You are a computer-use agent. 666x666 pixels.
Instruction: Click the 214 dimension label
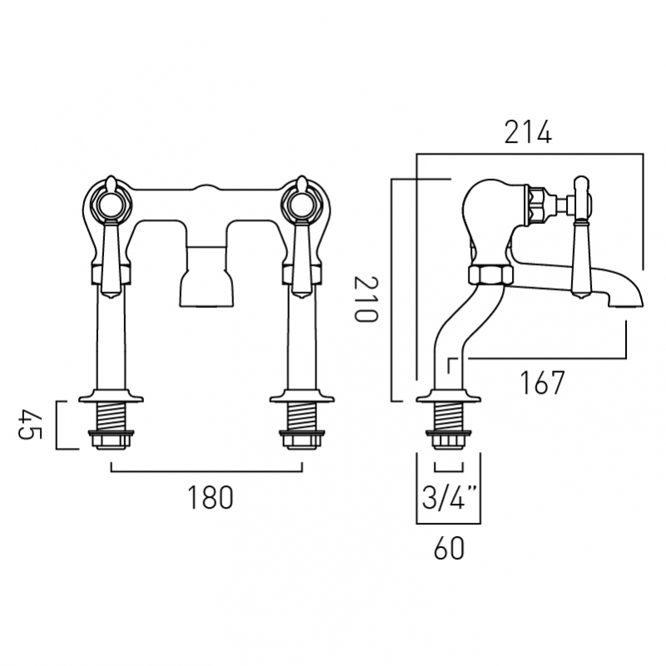click(528, 133)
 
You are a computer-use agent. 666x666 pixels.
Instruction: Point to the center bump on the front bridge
click(206, 188)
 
